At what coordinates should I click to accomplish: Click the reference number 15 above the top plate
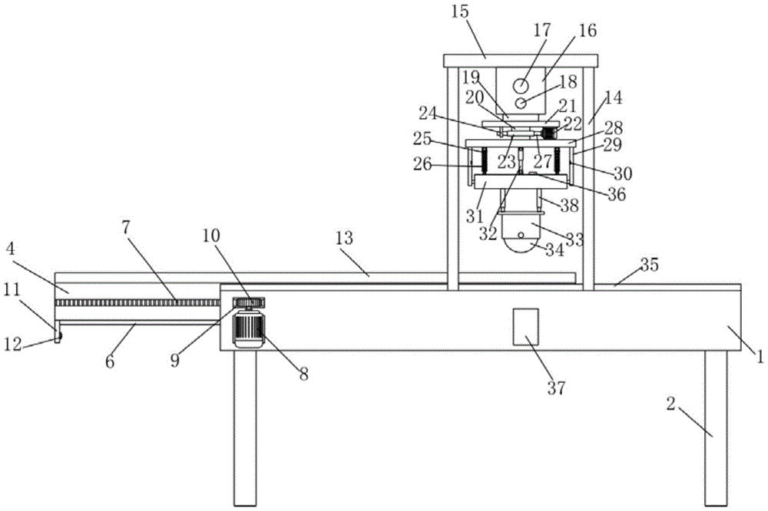pyautogui.click(x=460, y=12)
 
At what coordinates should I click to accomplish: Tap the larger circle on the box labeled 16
pyautogui.click(x=521, y=86)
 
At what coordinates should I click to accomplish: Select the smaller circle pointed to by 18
pyautogui.click(x=521, y=104)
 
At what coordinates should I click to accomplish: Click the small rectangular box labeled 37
pyautogui.click(x=525, y=327)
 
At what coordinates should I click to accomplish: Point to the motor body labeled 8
pyautogui.click(x=250, y=328)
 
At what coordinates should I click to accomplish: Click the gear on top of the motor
pyautogui.click(x=248, y=302)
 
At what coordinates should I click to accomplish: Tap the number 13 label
pyautogui.click(x=344, y=239)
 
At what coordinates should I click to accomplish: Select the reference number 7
pyautogui.click(x=127, y=228)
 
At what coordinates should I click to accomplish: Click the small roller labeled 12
pyautogui.click(x=58, y=337)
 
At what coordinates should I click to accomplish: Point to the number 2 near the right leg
pyautogui.click(x=671, y=404)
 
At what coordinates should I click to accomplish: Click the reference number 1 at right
pyautogui.click(x=760, y=358)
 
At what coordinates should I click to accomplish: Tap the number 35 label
pyautogui.click(x=650, y=265)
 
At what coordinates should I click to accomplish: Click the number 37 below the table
pyautogui.click(x=556, y=388)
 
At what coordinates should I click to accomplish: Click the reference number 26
pyautogui.click(x=422, y=164)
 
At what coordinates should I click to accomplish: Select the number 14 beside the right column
pyautogui.click(x=613, y=97)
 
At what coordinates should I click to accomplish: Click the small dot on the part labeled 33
pyautogui.click(x=521, y=236)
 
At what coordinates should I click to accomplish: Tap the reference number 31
pyautogui.click(x=474, y=216)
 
